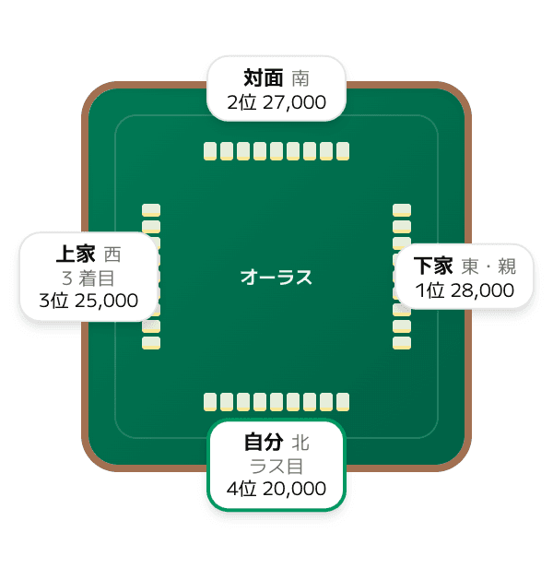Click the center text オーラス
point(276,278)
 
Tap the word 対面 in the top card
point(264,77)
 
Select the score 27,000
point(294,102)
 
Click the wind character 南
point(300,78)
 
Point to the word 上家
point(76,254)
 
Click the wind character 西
point(112,254)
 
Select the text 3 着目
point(88,278)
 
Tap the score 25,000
point(107,301)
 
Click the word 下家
point(433,266)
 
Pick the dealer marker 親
point(507,266)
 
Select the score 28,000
point(482,290)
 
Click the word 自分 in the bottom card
point(264,442)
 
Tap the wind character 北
point(300,443)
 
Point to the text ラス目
point(276,467)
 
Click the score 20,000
point(294,489)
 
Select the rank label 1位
point(429,290)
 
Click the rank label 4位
point(241,489)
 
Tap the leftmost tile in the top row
point(210,151)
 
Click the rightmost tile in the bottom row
point(343,402)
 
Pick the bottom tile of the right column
point(402,343)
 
